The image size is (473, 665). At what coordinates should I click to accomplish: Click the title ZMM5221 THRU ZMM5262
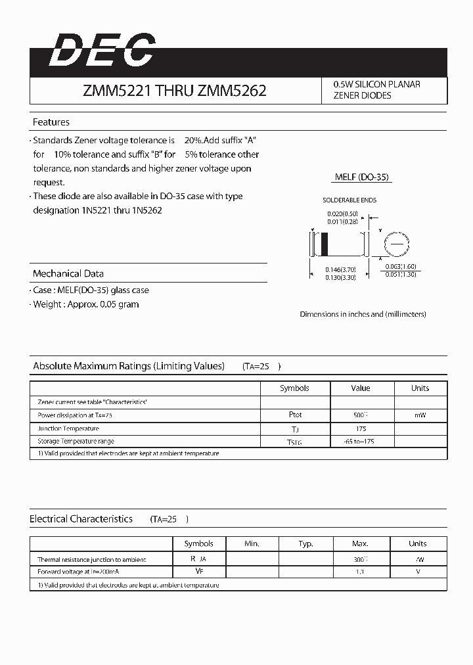(174, 91)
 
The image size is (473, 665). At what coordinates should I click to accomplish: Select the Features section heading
(51, 122)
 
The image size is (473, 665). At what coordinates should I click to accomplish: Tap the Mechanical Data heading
(68, 273)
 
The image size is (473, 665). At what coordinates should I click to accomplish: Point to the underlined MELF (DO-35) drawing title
(363, 177)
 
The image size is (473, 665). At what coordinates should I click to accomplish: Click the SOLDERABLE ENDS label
(349, 200)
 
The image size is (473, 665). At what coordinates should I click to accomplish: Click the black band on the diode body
(324, 244)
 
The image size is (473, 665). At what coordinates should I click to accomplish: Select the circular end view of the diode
(396, 243)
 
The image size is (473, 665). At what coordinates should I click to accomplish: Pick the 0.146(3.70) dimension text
(340, 270)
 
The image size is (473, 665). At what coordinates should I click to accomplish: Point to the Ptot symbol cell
(295, 415)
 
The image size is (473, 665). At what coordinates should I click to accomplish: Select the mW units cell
(420, 415)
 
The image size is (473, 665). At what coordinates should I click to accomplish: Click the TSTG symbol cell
(295, 442)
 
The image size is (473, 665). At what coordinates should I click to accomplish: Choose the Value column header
(361, 388)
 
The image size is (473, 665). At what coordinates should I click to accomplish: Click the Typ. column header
(305, 543)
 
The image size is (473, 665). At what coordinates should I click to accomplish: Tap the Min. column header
(252, 543)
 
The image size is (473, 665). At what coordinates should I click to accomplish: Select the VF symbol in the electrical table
(198, 572)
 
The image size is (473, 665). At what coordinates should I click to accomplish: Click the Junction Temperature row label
(68, 428)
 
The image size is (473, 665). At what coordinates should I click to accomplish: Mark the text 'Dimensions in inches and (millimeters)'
(363, 314)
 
